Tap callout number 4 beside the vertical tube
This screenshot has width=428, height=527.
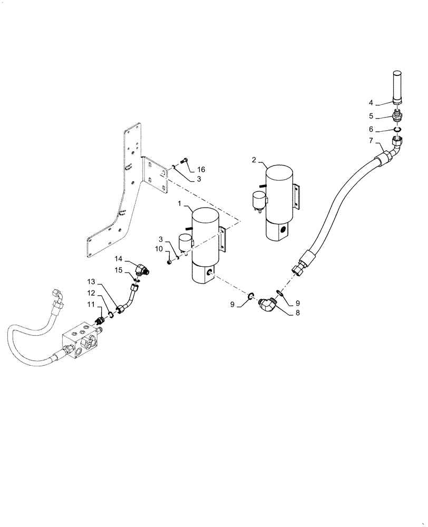tap(371, 103)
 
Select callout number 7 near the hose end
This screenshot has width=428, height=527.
tap(371, 141)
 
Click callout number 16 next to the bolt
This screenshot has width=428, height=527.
tap(201, 169)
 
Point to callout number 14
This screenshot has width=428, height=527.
tap(119, 259)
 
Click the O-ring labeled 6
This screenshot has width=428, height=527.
tap(398, 130)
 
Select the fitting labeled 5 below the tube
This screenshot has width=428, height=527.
tap(398, 116)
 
